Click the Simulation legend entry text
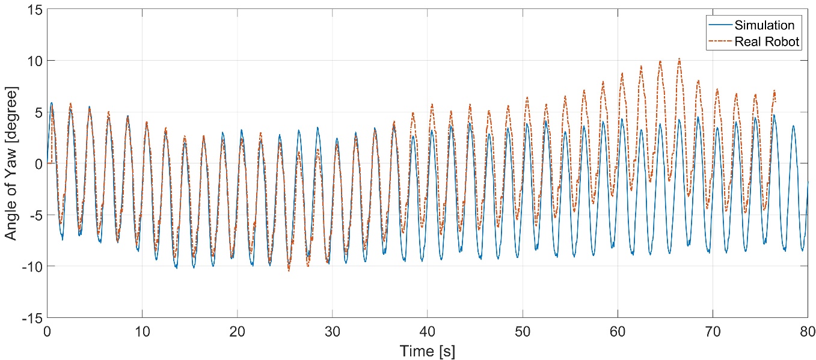(x=764, y=25)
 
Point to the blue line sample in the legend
(x=720, y=25)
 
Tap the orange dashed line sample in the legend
(x=720, y=41)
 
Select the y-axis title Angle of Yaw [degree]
(x=11, y=163)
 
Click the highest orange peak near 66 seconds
(x=679, y=58)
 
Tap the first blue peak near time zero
(x=52, y=103)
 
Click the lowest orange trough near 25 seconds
(x=289, y=270)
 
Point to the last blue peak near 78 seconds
(x=793, y=126)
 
